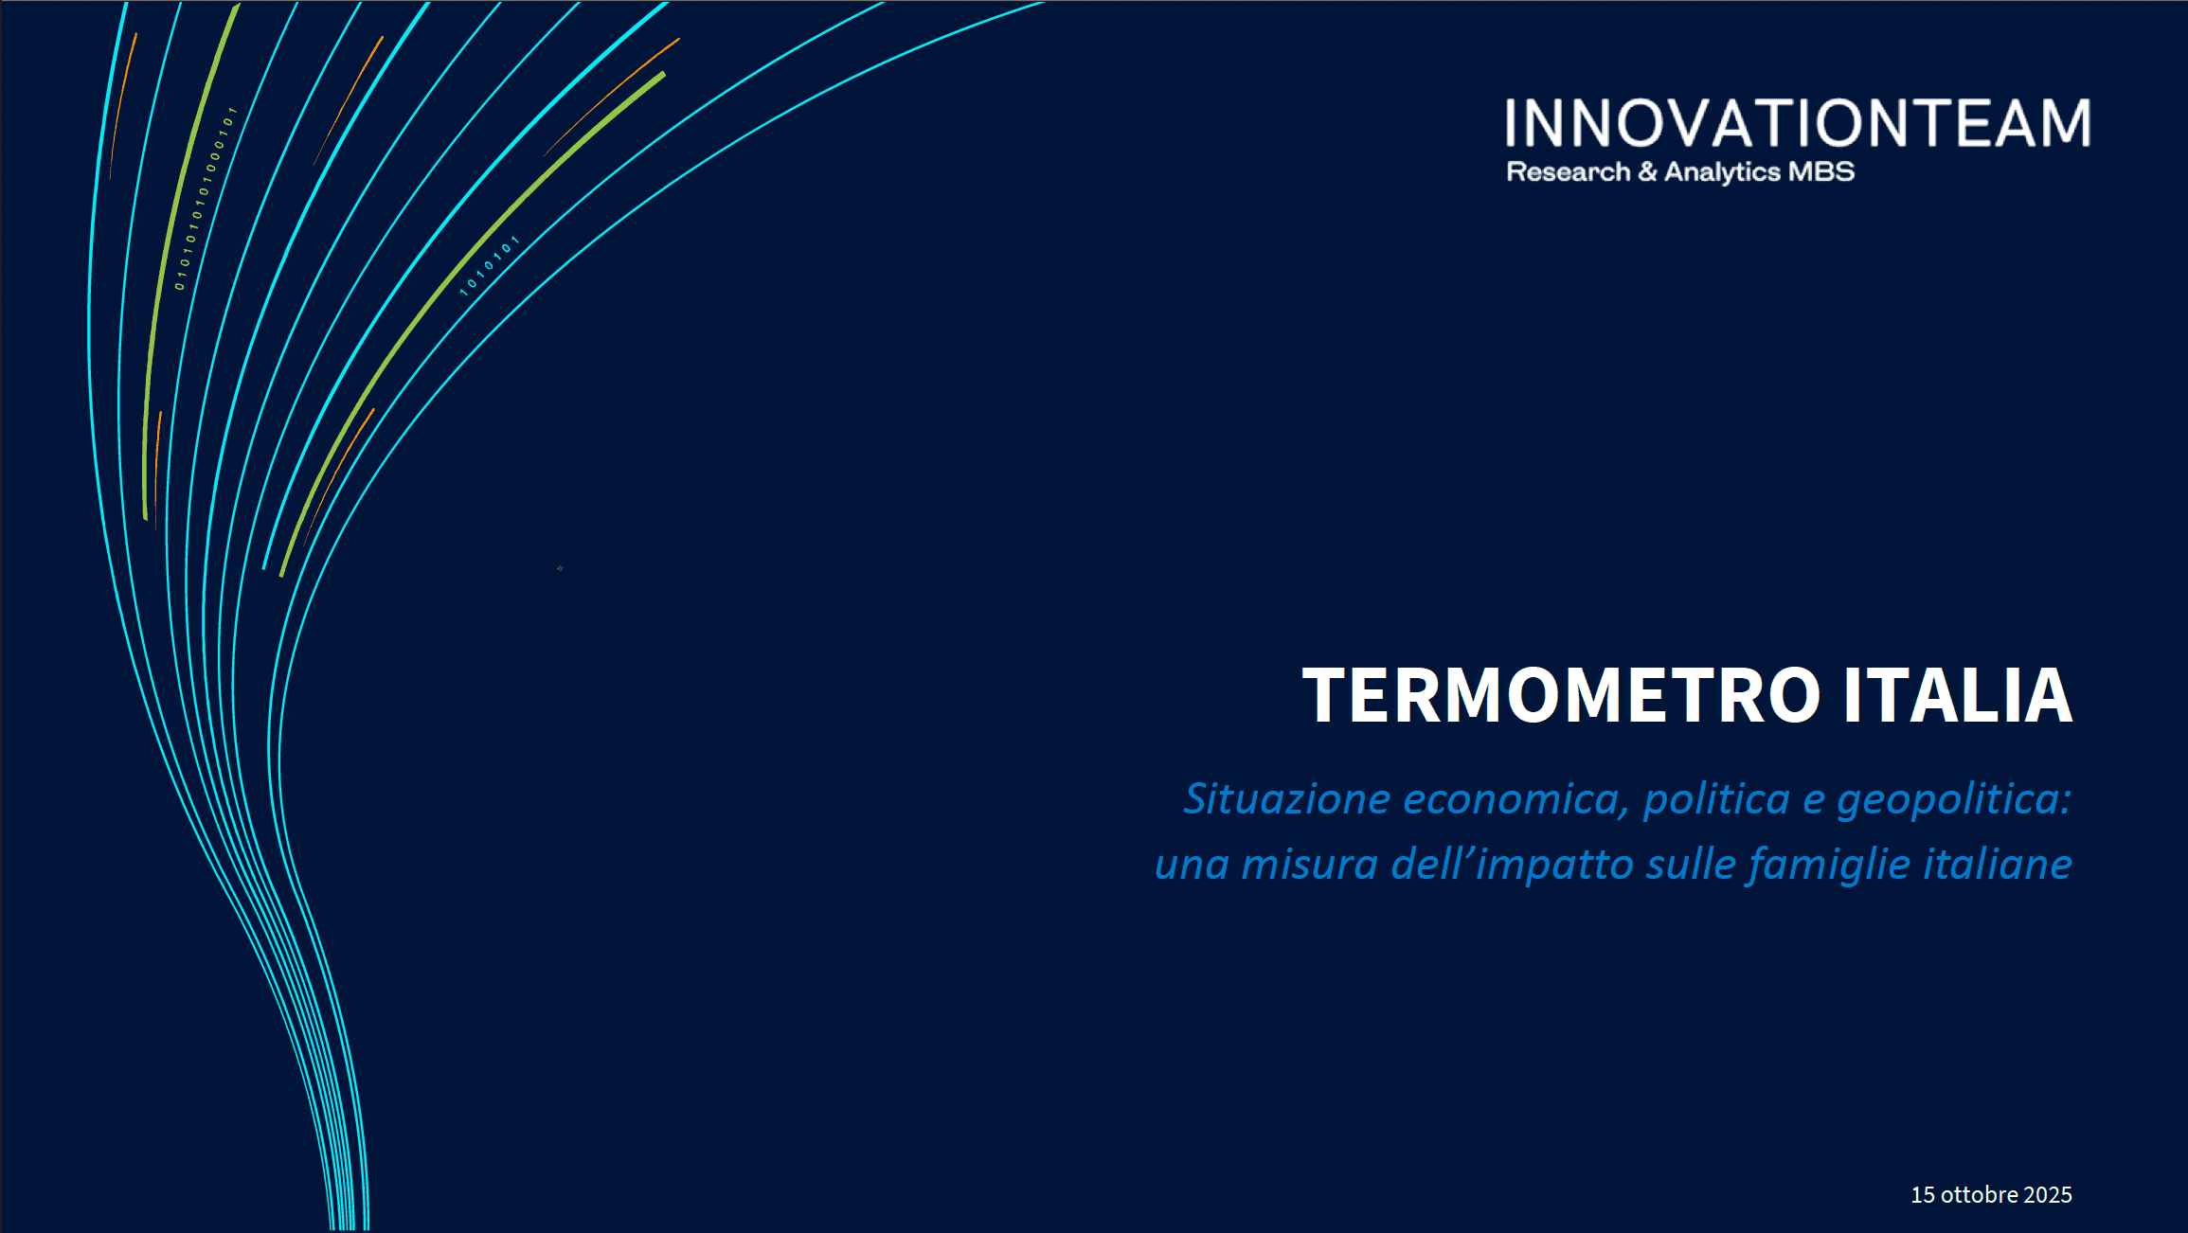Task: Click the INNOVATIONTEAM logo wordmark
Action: (1798, 123)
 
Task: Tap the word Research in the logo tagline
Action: (1569, 172)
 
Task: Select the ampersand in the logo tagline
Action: (1647, 172)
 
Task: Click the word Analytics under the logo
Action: (1723, 172)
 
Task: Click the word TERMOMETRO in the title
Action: (1561, 695)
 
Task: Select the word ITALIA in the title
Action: (1958, 695)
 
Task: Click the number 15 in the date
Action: (1923, 1195)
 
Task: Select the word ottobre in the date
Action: (1980, 1195)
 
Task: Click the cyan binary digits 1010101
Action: (490, 265)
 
